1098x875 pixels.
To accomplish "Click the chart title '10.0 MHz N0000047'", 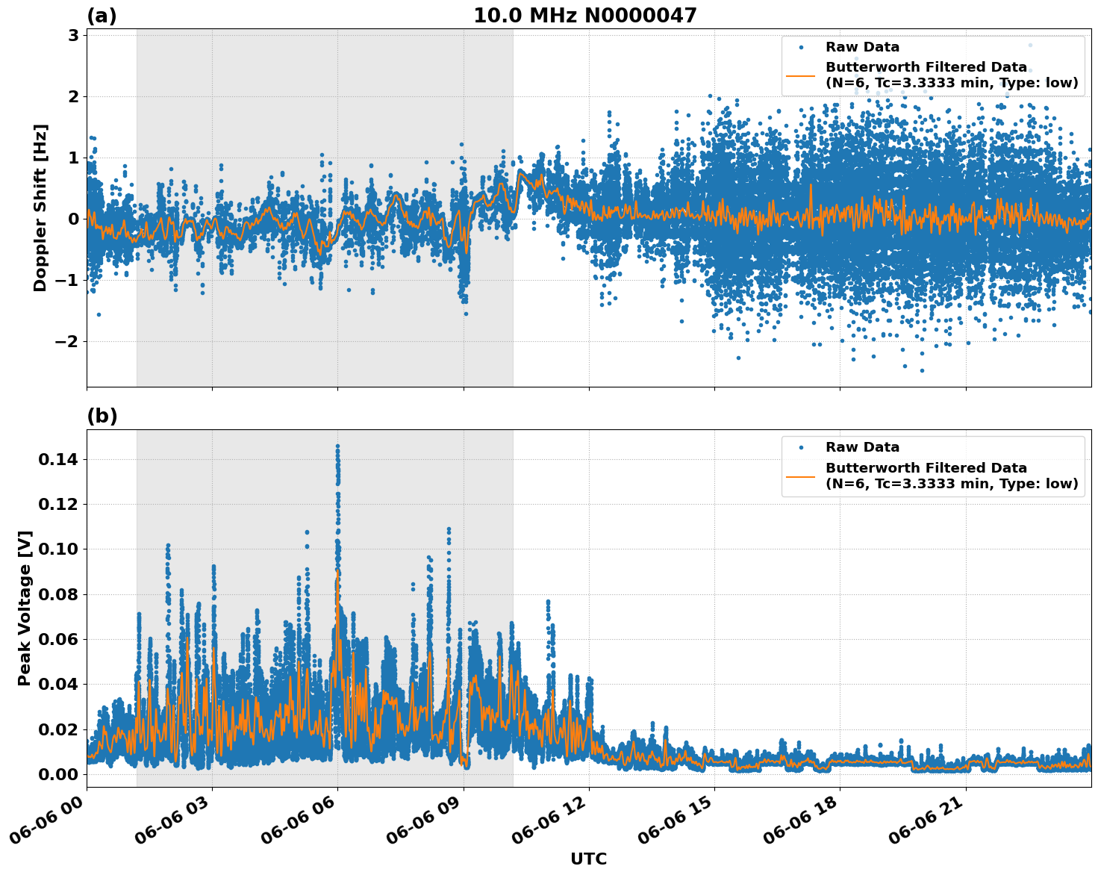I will click(584, 16).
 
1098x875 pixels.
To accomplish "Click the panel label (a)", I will click(102, 16).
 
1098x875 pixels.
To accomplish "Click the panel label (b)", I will click(102, 416).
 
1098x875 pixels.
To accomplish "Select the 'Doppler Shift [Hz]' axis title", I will click(40, 208).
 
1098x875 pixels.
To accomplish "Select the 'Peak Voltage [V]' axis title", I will click(25, 608).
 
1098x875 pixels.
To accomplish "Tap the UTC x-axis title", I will click(588, 859).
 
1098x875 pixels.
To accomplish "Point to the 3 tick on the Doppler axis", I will click(74, 36).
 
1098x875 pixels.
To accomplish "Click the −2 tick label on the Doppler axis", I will click(68, 341).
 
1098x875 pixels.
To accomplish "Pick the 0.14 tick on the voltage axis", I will click(57, 459).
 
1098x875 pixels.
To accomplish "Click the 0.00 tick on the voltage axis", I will click(57, 774).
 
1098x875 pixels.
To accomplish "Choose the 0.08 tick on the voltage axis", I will click(57, 594).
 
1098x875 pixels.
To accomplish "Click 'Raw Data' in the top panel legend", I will click(862, 47).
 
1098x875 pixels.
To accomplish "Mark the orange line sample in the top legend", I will click(800, 75).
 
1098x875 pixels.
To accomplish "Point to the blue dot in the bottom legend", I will click(800, 447).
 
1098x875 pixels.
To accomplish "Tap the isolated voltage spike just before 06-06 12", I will click(548, 602).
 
